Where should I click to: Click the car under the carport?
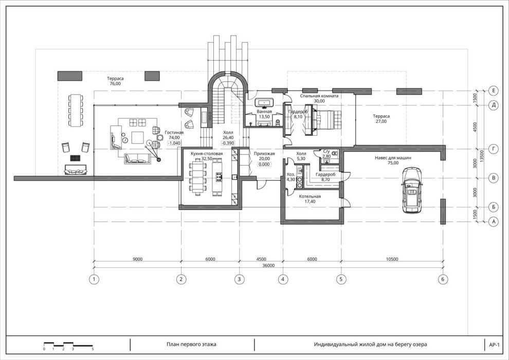pyautogui.click(x=412, y=190)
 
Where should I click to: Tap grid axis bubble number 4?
pyautogui.click(x=283, y=279)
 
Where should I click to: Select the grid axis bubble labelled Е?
pyautogui.click(x=494, y=91)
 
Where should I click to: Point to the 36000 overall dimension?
pyautogui.click(x=268, y=265)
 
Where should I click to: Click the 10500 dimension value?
pyautogui.click(x=392, y=259)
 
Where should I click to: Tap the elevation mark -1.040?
pyautogui.click(x=174, y=143)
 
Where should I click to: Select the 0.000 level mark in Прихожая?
pyautogui.click(x=264, y=164)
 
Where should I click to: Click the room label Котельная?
pyautogui.click(x=310, y=196)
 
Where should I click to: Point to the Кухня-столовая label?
pyautogui.click(x=207, y=154)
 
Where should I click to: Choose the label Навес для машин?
pyautogui.click(x=393, y=158)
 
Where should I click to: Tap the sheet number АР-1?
pyautogui.click(x=494, y=345)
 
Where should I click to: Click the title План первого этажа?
pyautogui.click(x=191, y=345)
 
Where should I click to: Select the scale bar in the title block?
pyautogui.click(x=68, y=345)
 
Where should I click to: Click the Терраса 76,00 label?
pyautogui.click(x=115, y=81)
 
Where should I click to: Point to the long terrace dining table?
pyautogui.click(x=75, y=111)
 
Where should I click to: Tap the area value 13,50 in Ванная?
pyautogui.click(x=264, y=117)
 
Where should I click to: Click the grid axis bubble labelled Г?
pyautogui.click(x=494, y=149)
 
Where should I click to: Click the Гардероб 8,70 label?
pyautogui.click(x=325, y=176)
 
